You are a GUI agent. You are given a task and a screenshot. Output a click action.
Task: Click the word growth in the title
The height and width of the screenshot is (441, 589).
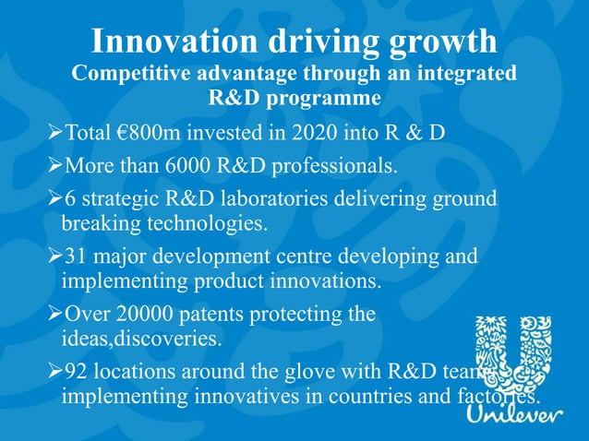point(447,42)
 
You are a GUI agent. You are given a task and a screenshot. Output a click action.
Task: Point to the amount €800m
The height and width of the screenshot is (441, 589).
point(149,132)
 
